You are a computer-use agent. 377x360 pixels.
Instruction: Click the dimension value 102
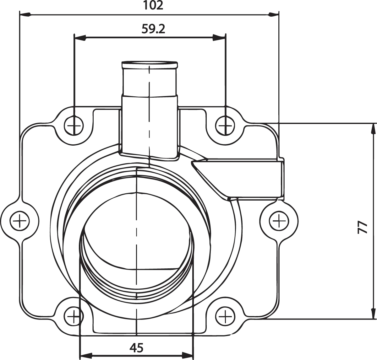(x=153, y=5)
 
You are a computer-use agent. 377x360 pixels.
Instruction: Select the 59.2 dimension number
(x=153, y=29)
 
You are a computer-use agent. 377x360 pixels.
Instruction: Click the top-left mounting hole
(x=74, y=126)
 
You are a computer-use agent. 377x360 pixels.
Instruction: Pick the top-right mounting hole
(x=225, y=126)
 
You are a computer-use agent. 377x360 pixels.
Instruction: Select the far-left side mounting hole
(x=19, y=221)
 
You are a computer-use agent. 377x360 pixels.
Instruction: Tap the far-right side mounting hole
(x=279, y=221)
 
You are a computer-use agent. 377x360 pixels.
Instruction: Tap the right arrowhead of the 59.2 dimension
(x=220, y=38)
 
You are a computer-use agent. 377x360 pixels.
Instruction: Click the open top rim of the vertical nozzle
(x=149, y=64)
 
